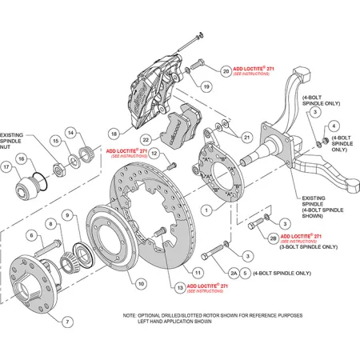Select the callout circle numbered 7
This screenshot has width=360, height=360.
point(67,322)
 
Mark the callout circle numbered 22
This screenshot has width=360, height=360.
point(146,117)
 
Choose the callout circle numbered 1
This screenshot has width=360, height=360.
point(206,210)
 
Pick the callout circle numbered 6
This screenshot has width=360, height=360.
point(32,235)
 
